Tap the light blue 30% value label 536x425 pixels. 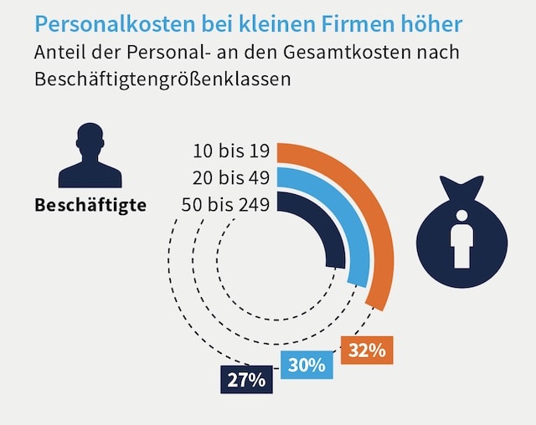tap(307, 365)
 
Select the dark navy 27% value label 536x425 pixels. tap(246, 380)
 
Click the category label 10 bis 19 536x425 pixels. tap(230, 151)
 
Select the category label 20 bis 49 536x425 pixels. tap(230, 178)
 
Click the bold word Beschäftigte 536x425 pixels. tap(90, 205)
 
